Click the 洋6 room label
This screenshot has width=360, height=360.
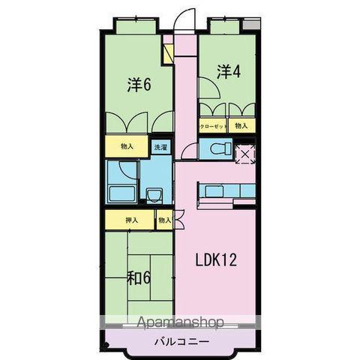tap(139, 85)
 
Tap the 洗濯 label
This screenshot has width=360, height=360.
tap(161, 148)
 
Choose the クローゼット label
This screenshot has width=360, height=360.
tap(214, 127)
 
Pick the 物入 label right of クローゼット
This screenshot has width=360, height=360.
tap(241, 127)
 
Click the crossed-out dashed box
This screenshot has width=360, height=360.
tap(245, 153)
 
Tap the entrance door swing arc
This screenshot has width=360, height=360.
tap(185, 19)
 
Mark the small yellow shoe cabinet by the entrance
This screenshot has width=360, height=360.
tap(169, 52)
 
